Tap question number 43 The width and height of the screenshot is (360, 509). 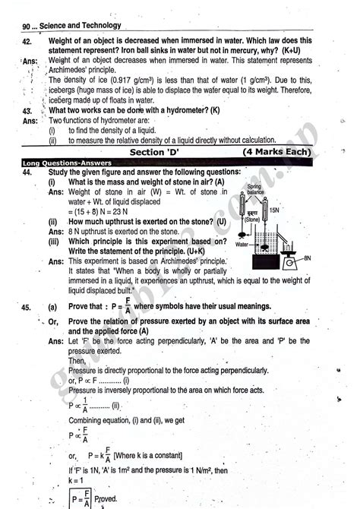tap(27, 111)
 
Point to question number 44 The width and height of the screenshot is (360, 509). tap(27, 172)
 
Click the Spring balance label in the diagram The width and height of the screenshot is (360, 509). tap(276, 190)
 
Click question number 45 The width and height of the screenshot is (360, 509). tap(27, 307)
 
